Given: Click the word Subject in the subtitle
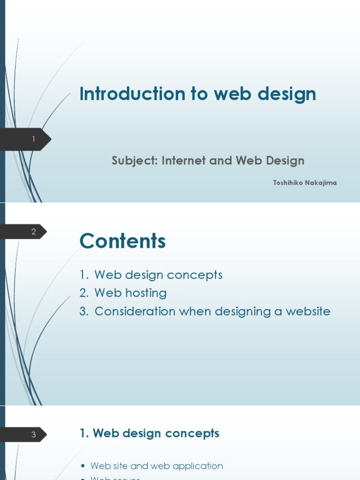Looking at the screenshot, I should [x=134, y=161].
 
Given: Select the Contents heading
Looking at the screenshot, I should [x=123, y=241].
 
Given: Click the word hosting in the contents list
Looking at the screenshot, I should [x=145, y=293].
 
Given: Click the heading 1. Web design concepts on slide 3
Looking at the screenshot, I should [x=150, y=434].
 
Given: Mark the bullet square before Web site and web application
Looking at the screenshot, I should [x=83, y=466].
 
